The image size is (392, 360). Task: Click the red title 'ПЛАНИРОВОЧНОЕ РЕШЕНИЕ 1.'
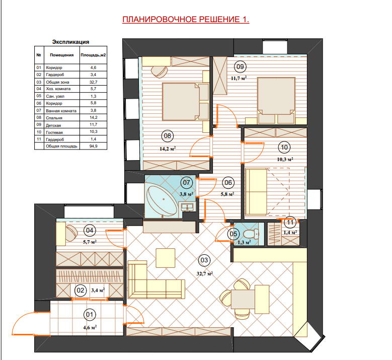[x=186, y=19]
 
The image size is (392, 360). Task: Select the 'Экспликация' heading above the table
[x=70, y=42]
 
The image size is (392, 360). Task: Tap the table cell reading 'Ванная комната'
[x=61, y=111]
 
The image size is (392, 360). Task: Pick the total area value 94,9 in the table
[x=93, y=146]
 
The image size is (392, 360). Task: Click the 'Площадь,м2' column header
[x=93, y=55]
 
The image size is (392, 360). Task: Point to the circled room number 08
[x=167, y=136]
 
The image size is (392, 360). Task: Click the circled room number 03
[x=204, y=260]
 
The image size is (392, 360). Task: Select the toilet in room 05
[x=251, y=234]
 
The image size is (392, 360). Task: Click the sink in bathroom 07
[x=187, y=206]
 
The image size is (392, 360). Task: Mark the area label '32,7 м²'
[x=204, y=273]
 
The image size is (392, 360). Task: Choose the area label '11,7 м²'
[x=239, y=78]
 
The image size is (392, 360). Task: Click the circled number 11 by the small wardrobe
[x=290, y=223]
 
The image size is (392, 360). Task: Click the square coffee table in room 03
[x=165, y=258]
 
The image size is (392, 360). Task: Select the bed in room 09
[x=276, y=100]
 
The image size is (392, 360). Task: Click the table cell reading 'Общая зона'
[x=57, y=82]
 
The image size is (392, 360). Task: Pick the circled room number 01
[x=90, y=315]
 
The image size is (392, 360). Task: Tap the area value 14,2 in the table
[x=93, y=117]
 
